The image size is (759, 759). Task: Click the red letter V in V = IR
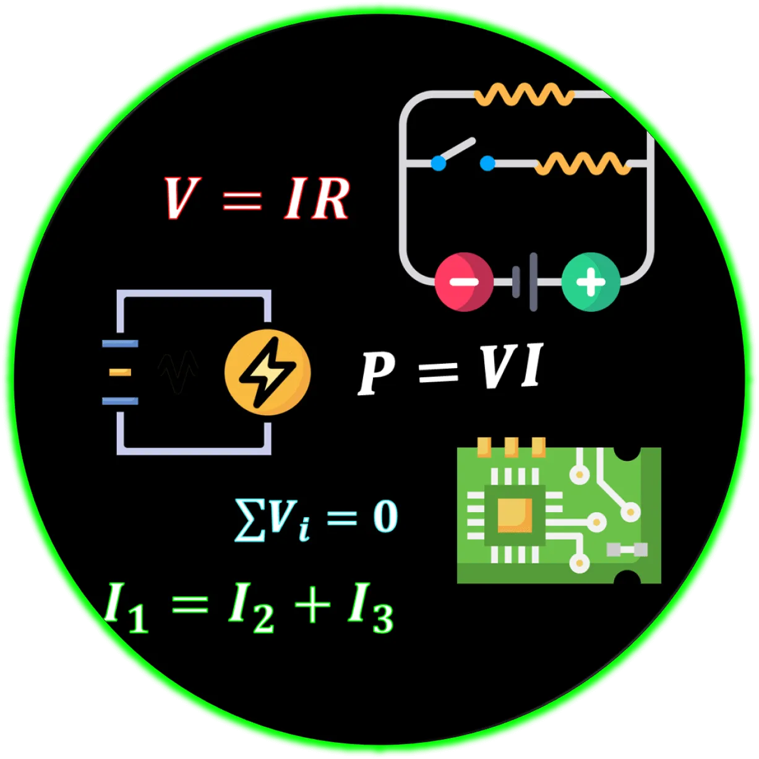point(180,198)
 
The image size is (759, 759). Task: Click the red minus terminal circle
point(464,282)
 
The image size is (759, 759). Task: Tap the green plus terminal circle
point(591,282)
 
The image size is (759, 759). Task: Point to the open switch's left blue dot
point(439,163)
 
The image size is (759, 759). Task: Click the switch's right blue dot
point(487,163)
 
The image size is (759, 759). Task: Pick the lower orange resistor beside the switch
point(582,163)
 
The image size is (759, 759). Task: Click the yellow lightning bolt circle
point(267,372)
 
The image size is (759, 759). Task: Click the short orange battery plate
point(120,372)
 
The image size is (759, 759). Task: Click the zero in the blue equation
point(385,517)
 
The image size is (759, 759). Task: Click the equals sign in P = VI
point(438,371)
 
